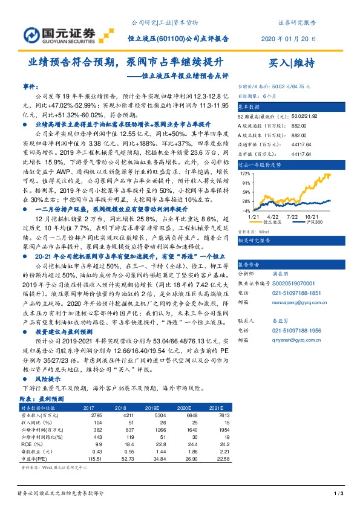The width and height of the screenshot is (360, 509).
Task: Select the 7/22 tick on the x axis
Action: (292, 216)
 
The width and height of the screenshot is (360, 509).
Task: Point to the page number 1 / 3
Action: (338, 494)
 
